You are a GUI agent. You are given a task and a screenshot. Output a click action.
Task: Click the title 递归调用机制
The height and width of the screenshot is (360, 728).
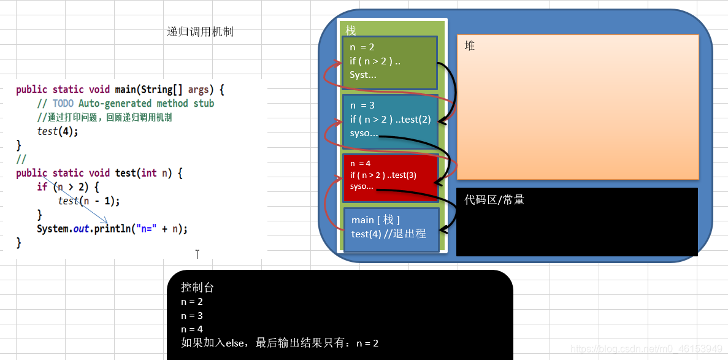pyautogui.click(x=200, y=33)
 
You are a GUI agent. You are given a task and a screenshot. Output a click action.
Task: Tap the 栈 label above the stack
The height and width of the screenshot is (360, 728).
pyautogui.click(x=351, y=30)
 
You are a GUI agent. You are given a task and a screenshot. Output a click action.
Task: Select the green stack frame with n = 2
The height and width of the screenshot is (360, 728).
pyautogui.click(x=390, y=62)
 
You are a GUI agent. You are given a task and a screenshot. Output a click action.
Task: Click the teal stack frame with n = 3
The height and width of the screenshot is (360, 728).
pyautogui.click(x=390, y=120)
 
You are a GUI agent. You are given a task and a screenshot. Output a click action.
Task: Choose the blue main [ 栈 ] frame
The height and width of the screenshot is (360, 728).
pyautogui.click(x=391, y=229)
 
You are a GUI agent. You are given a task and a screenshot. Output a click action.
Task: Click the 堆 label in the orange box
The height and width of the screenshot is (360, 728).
pyautogui.click(x=470, y=46)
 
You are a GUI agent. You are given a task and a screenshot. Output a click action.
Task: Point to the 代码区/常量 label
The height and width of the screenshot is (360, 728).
pyautogui.click(x=494, y=200)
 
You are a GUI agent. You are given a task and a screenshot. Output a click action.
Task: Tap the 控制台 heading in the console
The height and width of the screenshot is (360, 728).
pyautogui.click(x=197, y=288)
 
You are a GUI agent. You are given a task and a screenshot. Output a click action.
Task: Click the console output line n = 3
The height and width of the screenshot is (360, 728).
pyautogui.click(x=192, y=316)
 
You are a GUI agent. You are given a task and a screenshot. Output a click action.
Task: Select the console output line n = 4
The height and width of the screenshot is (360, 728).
pyautogui.click(x=192, y=329)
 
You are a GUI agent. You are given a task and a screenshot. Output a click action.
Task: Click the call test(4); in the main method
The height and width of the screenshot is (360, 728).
pyautogui.click(x=58, y=131)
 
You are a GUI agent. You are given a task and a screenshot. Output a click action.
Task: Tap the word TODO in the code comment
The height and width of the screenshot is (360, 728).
pyautogui.click(x=63, y=104)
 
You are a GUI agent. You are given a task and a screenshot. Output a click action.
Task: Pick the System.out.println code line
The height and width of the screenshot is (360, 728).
pyautogui.click(x=112, y=229)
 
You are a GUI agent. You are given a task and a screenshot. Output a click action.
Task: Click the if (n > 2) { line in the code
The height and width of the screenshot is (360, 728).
pyautogui.click(x=67, y=187)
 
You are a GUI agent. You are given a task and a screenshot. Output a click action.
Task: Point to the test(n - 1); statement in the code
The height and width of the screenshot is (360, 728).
pyautogui.click(x=88, y=201)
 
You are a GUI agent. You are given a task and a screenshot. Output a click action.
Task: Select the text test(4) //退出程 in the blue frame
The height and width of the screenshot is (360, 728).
pyautogui.click(x=388, y=234)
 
